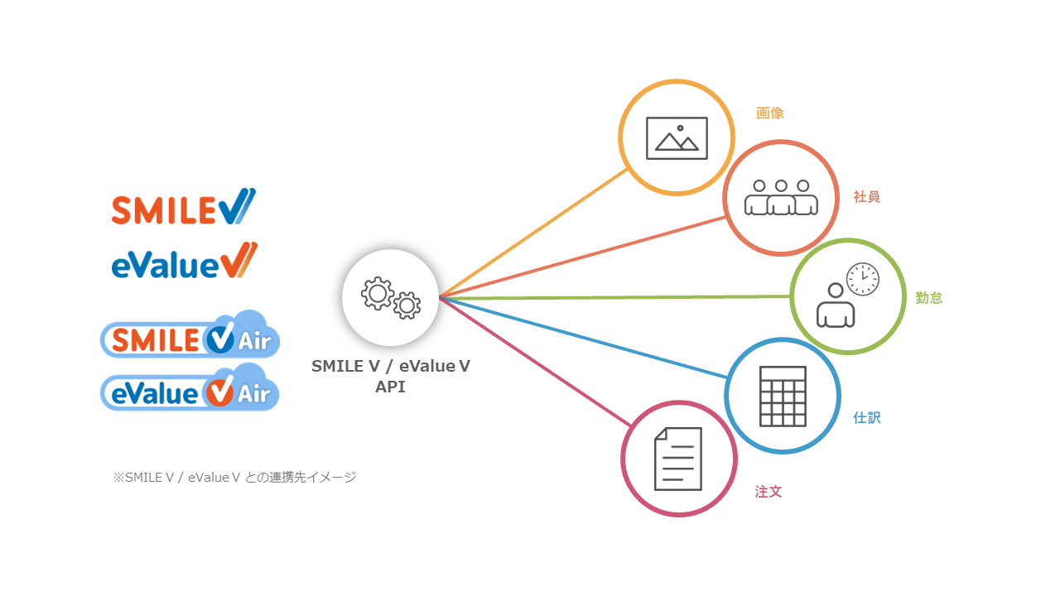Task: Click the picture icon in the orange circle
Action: pos(677,138)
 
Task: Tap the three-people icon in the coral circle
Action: pos(781,197)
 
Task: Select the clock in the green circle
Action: pos(862,279)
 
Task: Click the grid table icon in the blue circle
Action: pos(783,396)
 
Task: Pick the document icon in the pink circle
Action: pos(678,459)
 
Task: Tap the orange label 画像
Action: pos(770,113)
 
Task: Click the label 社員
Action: pos(866,197)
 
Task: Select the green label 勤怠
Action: pos(929,298)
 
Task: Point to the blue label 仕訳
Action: pos(867,418)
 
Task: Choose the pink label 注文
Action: pos(768,492)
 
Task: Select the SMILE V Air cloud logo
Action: pos(190,335)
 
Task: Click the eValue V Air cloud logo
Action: pos(190,389)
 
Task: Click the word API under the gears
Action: pos(390,387)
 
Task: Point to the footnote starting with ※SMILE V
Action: pos(234,478)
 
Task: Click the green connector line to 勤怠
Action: pos(613,296)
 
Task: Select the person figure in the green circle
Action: pos(836,307)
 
